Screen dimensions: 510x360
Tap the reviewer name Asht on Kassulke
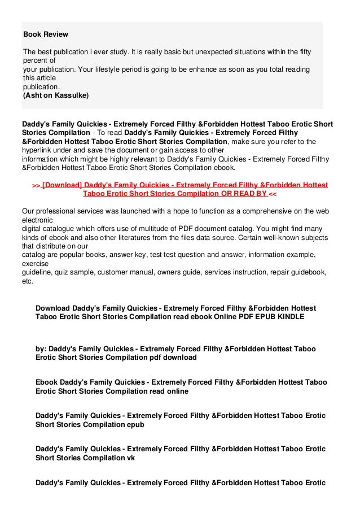55,96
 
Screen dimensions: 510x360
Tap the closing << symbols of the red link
273,194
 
